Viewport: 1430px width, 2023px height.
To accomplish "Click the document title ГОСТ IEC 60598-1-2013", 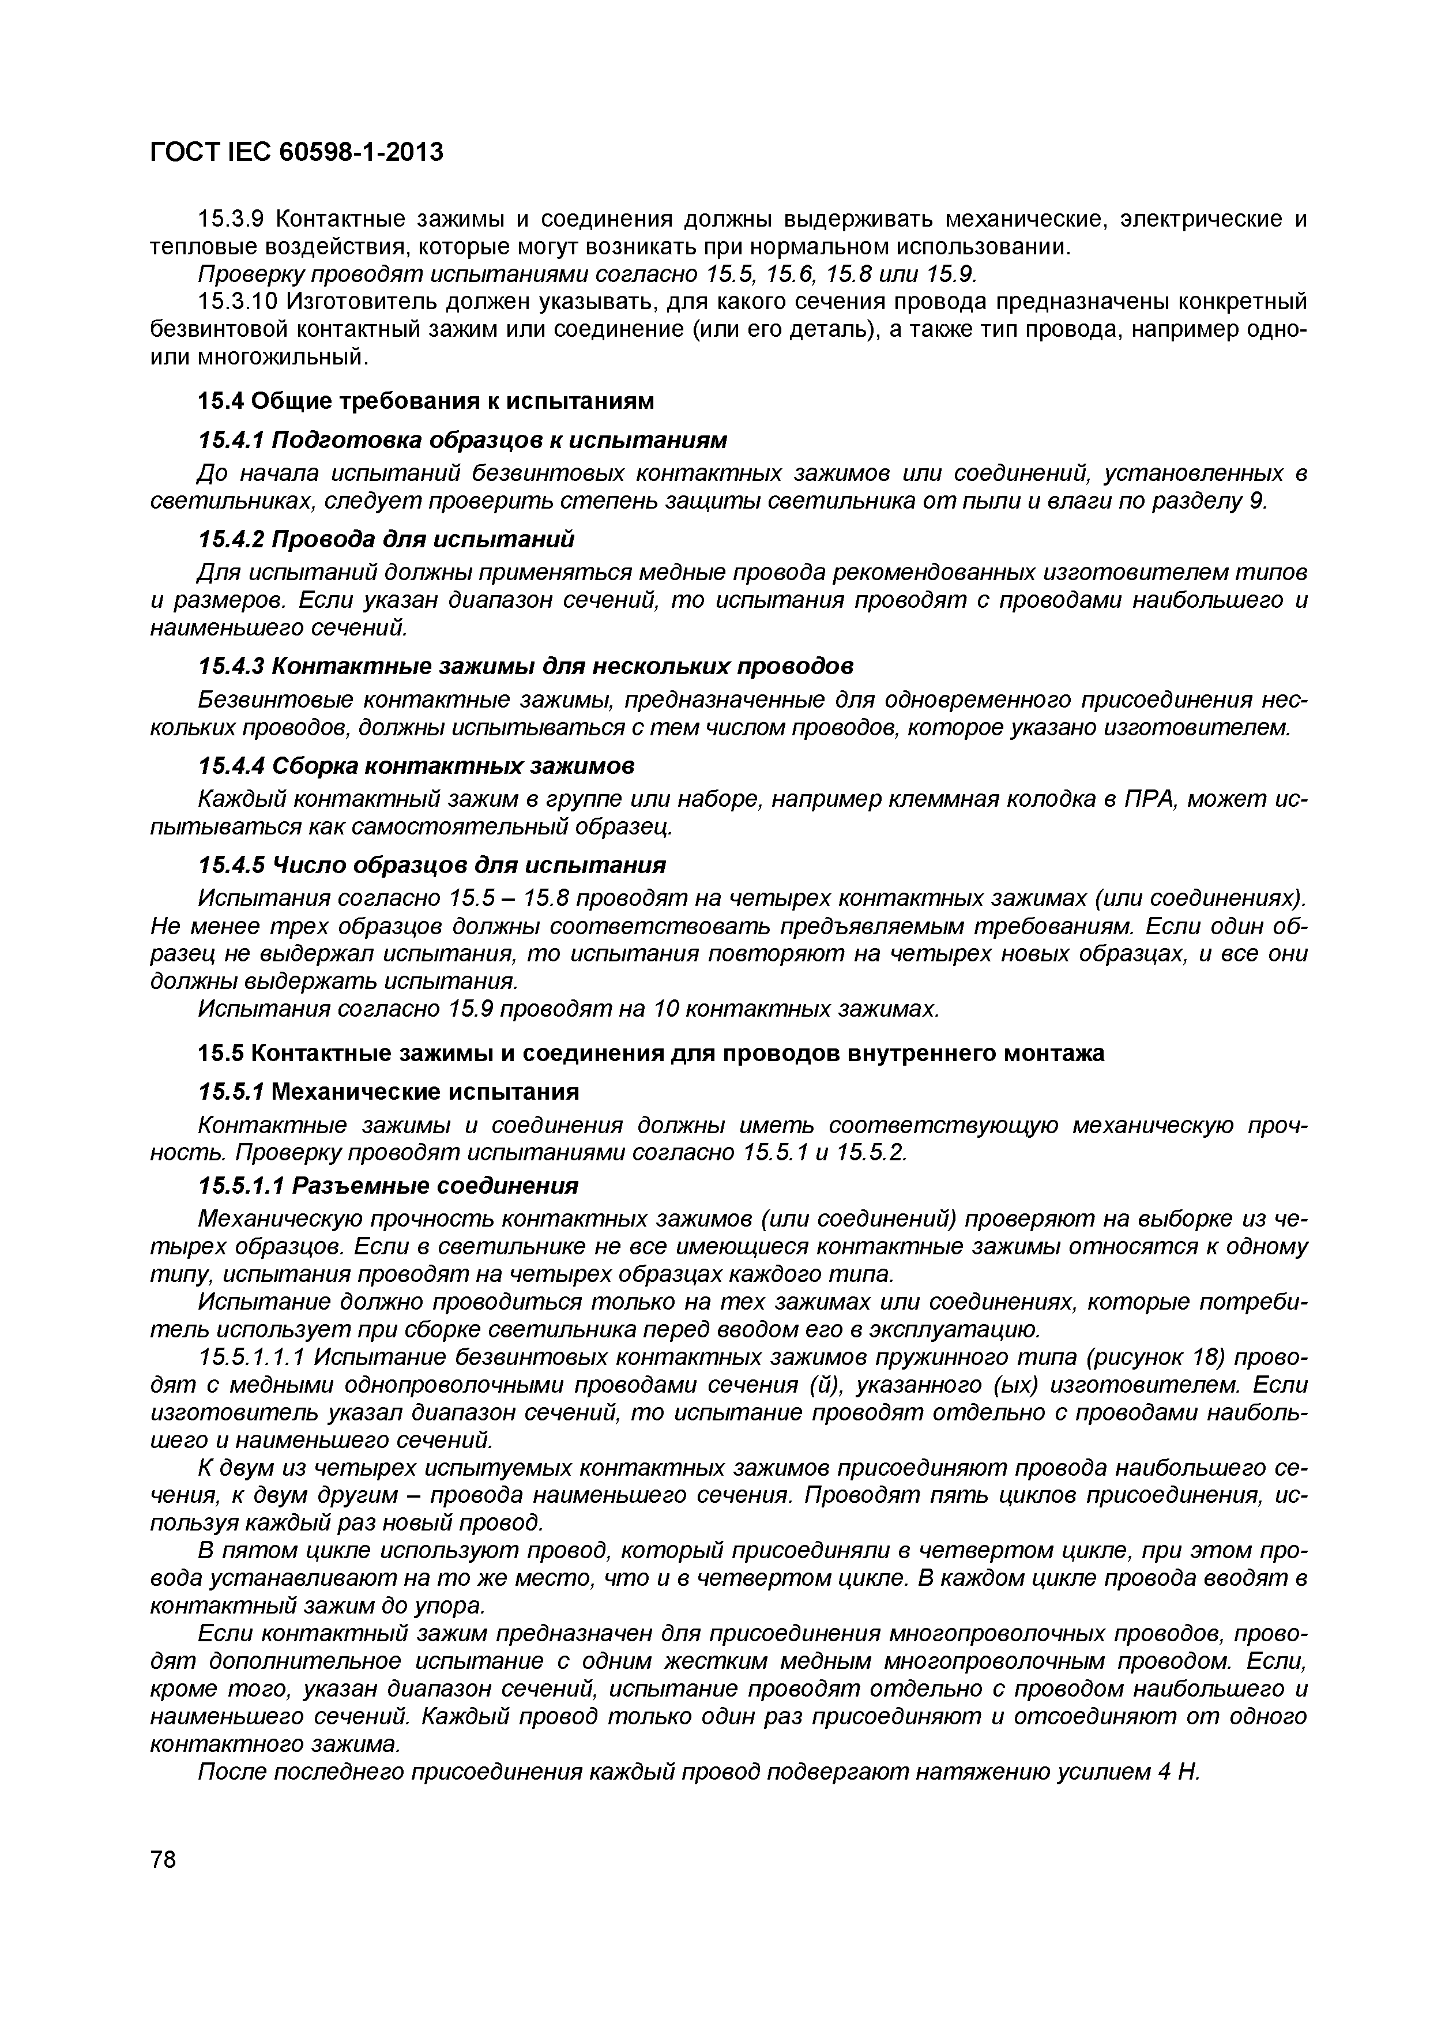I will (x=296, y=152).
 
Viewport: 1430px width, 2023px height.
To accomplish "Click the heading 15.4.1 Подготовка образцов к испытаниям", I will (x=462, y=439).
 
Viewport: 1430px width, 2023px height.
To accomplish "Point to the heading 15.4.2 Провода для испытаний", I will (x=386, y=539).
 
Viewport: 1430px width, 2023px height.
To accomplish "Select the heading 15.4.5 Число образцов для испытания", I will (x=432, y=864).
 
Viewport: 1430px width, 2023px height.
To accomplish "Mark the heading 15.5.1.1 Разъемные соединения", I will (x=389, y=1186).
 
